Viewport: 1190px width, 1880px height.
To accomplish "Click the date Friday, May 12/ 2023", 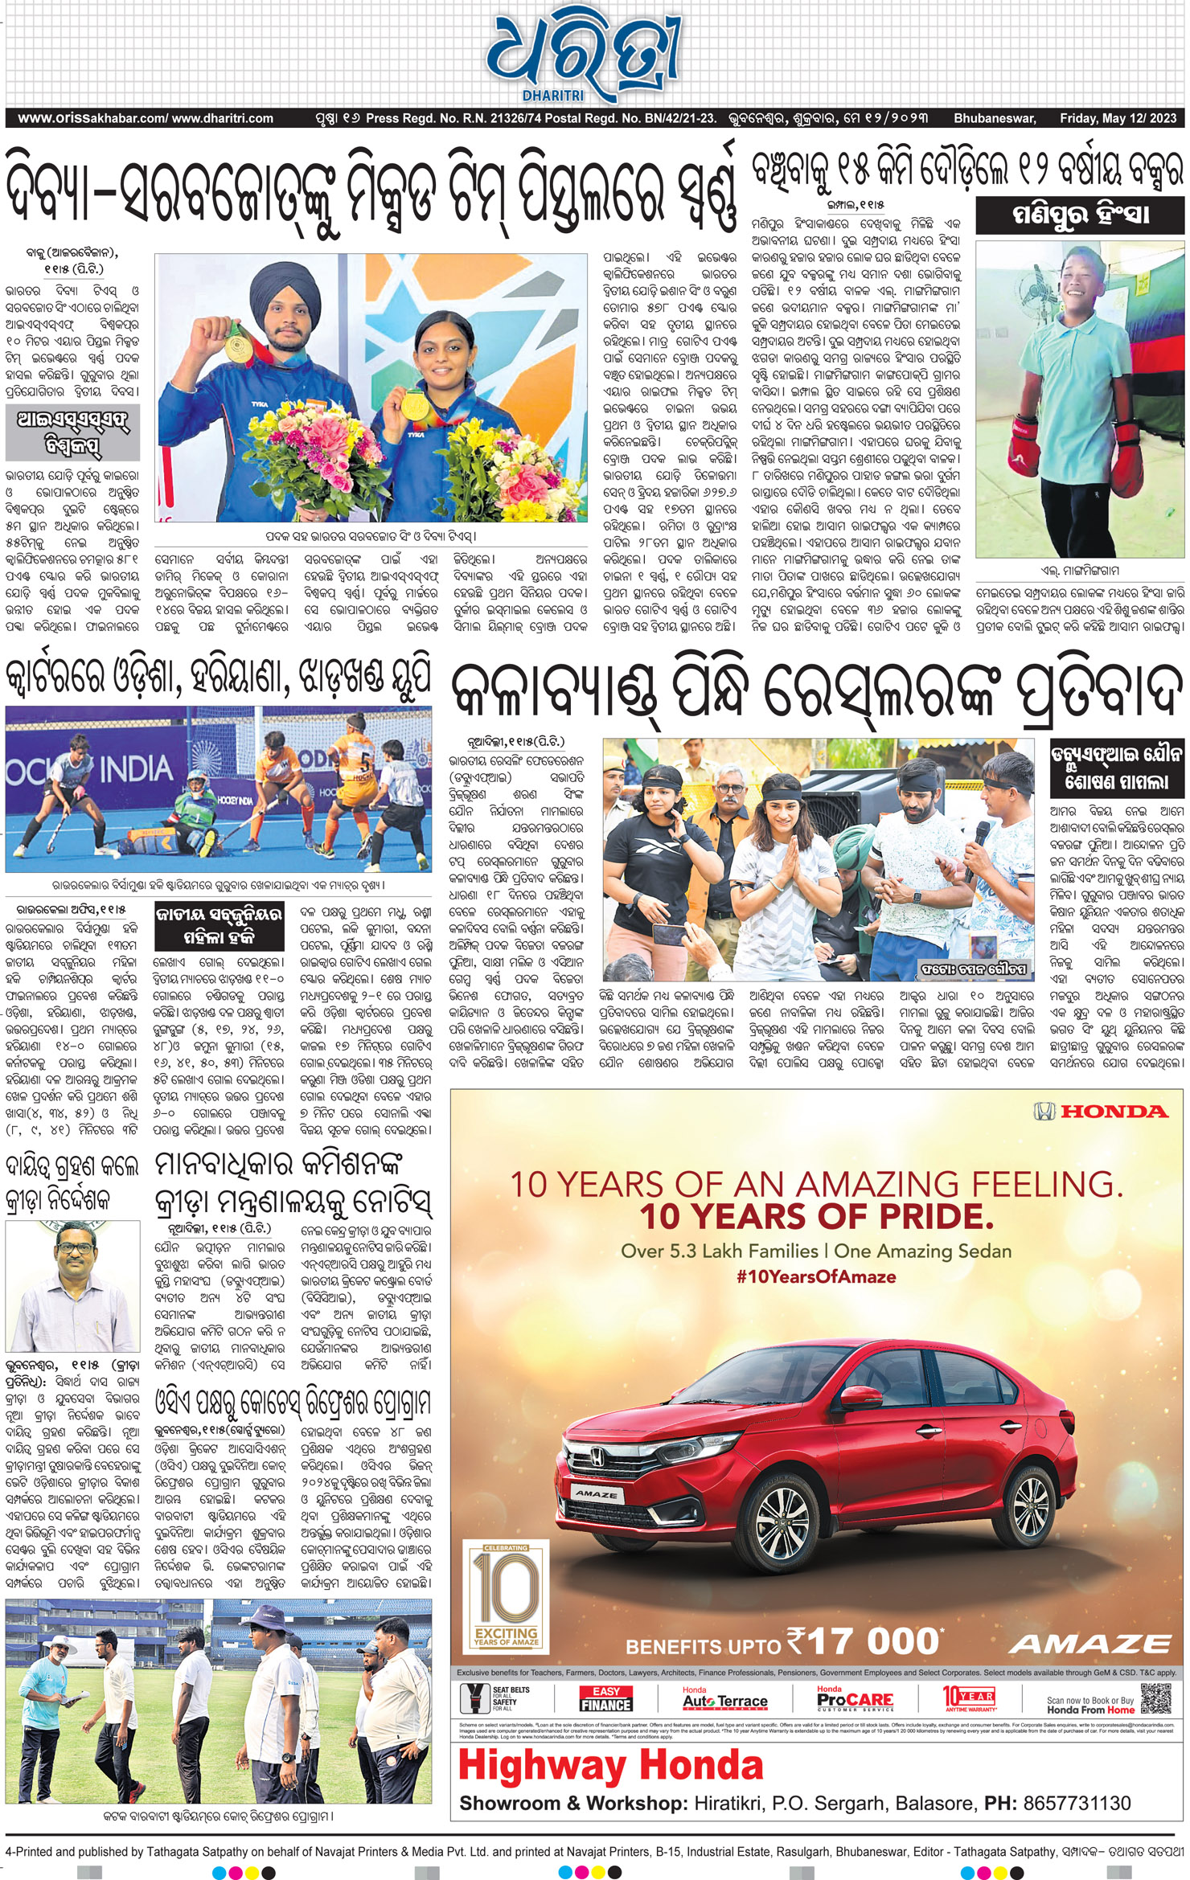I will pos(1118,118).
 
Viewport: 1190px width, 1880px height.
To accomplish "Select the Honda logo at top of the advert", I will pos(1100,1112).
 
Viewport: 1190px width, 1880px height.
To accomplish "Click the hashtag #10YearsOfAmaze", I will pos(815,1276).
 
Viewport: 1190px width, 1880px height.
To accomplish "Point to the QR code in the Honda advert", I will pos(1155,1698).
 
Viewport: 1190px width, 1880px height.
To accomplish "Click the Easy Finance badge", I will pos(605,1698).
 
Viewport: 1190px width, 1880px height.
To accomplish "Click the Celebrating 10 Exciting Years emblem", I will pos(506,1595).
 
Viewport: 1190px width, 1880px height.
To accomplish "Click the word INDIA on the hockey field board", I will pos(135,769).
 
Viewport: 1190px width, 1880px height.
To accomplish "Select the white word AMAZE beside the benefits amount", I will pos(1089,1644).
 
